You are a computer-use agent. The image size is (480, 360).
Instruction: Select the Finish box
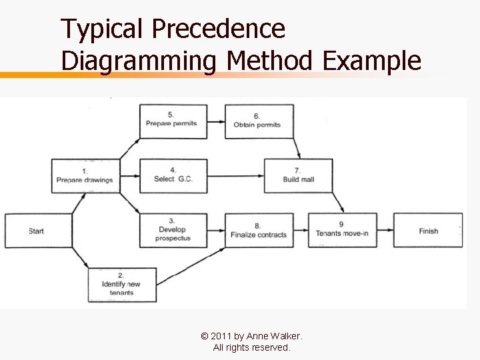pyautogui.click(x=428, y=231)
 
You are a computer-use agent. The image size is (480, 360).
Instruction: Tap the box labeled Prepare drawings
pyautogui.click(x=85, y=176)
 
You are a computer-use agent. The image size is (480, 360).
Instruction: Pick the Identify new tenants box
pyautogui.click(x=122, y=285)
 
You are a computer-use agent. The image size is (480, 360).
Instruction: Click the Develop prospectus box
pyautogui.click(x=173, y=230)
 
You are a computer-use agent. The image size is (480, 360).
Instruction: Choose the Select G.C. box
pyautogui.click(x=173, y=175)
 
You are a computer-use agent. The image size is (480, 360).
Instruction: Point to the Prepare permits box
pyautogui.click(x=173, y=121)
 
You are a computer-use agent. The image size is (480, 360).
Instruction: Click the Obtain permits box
pyautogui.click(x=259, y=121)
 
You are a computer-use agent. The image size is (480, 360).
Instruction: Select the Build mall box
pyautogui.click(x=298, y=176)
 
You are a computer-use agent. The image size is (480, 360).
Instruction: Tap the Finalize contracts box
pyautogui.click(x=259, y=231)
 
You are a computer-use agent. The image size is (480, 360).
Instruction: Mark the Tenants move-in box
pyautogui.click(x=342, y=230)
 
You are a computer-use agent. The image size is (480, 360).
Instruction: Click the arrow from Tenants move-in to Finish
pyautogui.click(x=385, y=231)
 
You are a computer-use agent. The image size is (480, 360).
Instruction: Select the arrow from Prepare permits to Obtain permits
pyautogui.click(x=216, y=122)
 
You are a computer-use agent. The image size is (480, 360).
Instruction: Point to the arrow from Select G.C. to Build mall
pyautogui.click(x=236, y=176)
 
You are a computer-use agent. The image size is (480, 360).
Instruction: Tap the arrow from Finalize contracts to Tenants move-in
pyautogui.click(x=301, y=231)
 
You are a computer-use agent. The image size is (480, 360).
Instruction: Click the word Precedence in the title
pyautogui.click(x=218, y=29)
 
